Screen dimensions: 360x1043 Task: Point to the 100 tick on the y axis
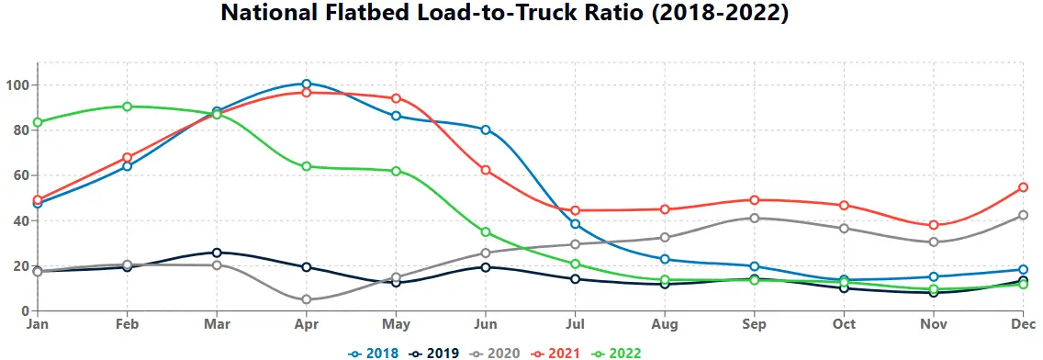[18, 85]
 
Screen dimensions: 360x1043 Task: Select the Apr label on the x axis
[306, 324]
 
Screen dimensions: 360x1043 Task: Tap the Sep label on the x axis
[754, 324]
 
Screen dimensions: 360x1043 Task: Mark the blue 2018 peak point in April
[306, 84]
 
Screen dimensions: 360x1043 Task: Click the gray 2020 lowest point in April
[306, 299]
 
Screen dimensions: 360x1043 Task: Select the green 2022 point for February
[127, 107]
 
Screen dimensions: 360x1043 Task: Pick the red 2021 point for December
[1023, 187]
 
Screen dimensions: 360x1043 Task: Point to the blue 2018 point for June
[485, 129]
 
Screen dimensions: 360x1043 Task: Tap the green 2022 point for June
[485, 232]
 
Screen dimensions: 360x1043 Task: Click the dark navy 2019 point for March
[217, 253]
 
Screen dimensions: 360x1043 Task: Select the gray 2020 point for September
[754, 218]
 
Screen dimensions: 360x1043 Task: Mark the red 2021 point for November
[934, 225]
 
